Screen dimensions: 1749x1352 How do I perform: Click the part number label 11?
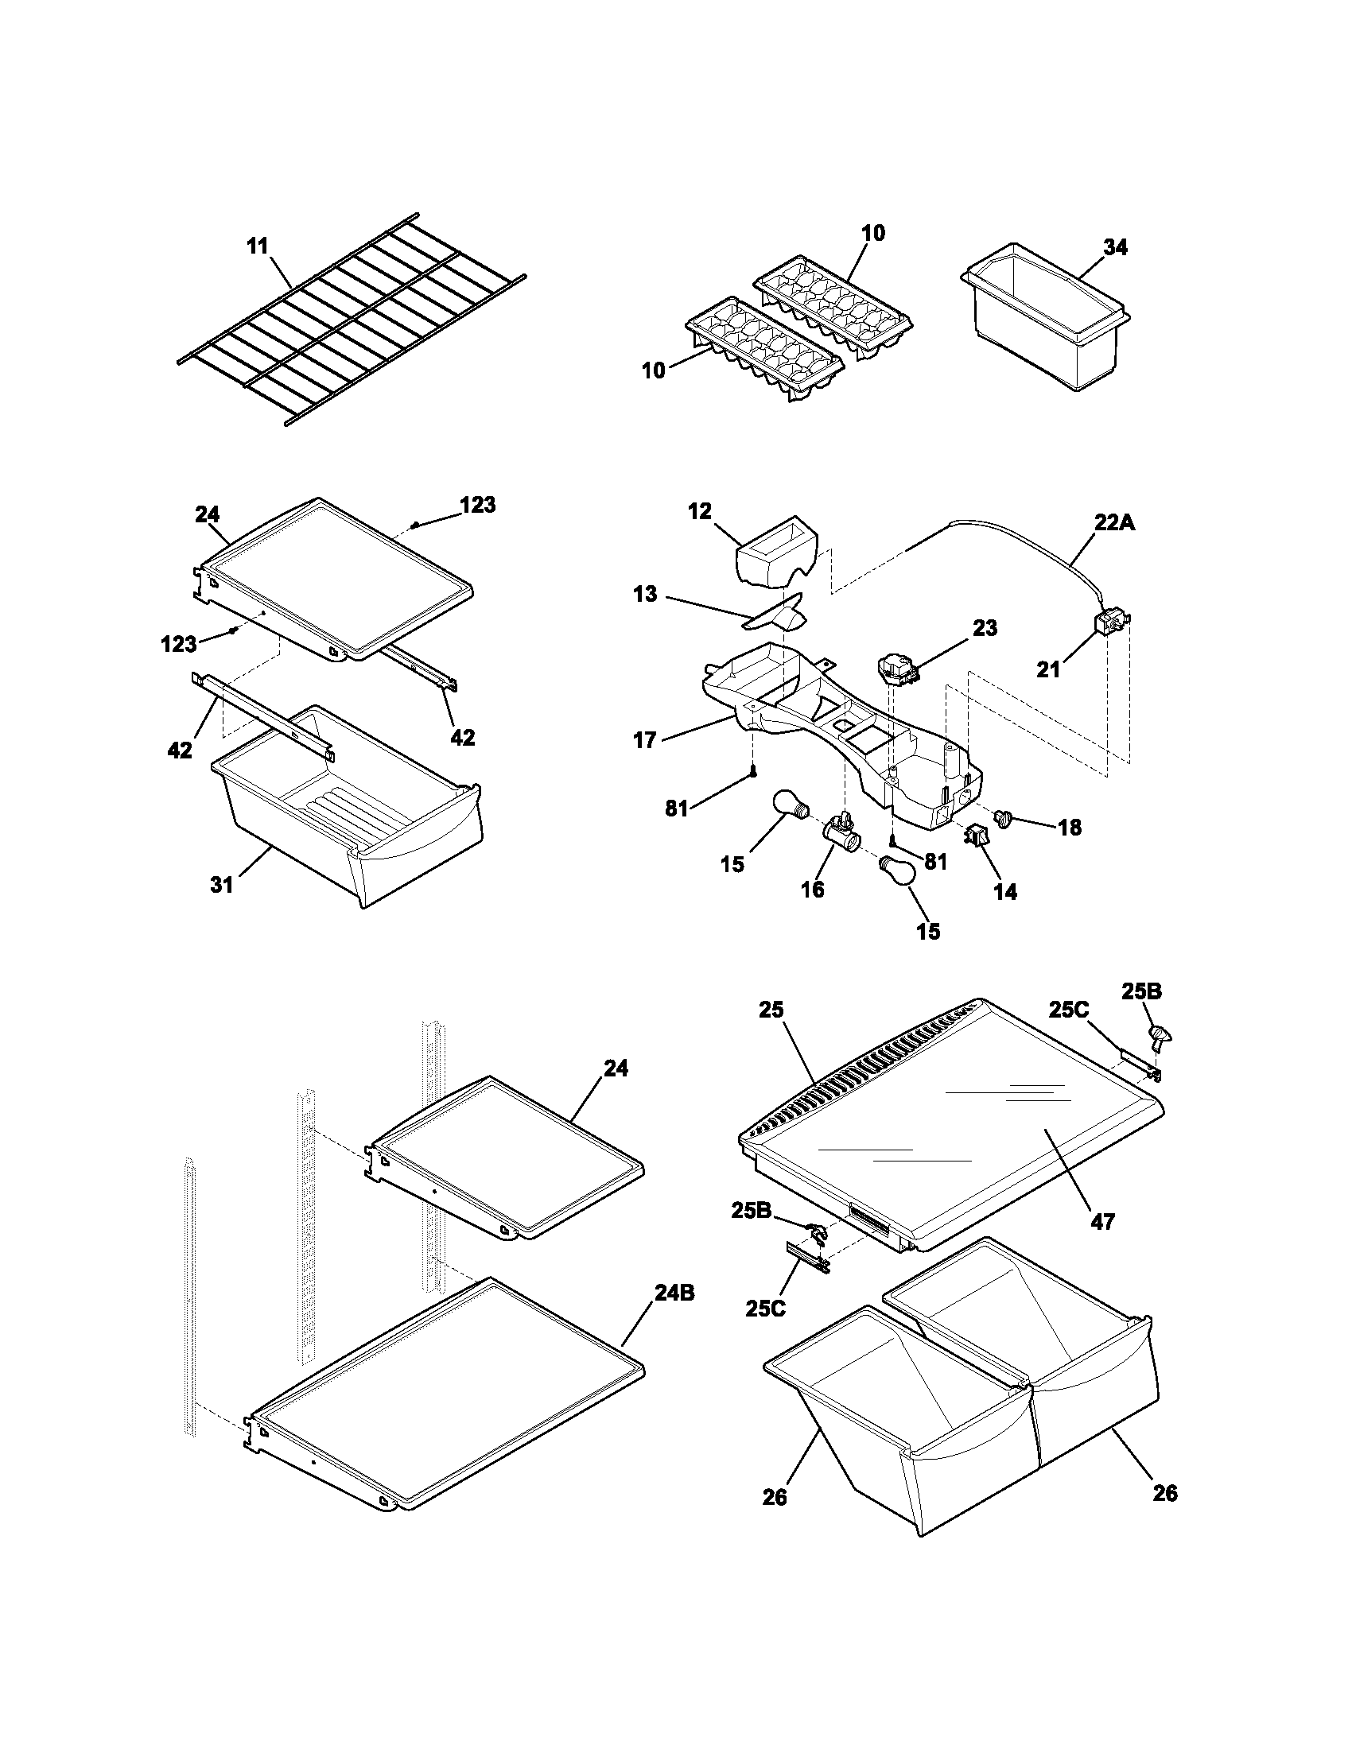pyautogui.click(x=257, y=246)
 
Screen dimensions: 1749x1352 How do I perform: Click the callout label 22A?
pyautogui.click(x=1115, y=523)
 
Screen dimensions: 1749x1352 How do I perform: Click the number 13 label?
pyautogui.click(x=644, y=594)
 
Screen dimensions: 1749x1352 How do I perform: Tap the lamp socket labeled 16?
pyautogui.click(x=840, y=833)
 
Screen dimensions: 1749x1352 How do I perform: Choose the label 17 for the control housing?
pyautogui.click(x=645, y=741)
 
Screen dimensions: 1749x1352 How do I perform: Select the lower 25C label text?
pyautogui.click(x=766, y=1309)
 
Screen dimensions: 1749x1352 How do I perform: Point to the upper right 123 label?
pyautogui.click(x=477, y=505)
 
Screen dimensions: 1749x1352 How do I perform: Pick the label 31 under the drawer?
pyautogui.click(x=222, y=885)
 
